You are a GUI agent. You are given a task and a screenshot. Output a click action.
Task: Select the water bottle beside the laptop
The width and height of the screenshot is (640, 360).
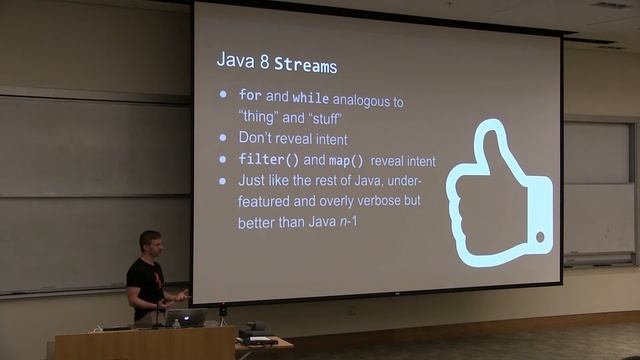click(x=176, y=322)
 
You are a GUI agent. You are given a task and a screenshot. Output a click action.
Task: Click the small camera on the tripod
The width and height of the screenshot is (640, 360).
click(x=222, y=310)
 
